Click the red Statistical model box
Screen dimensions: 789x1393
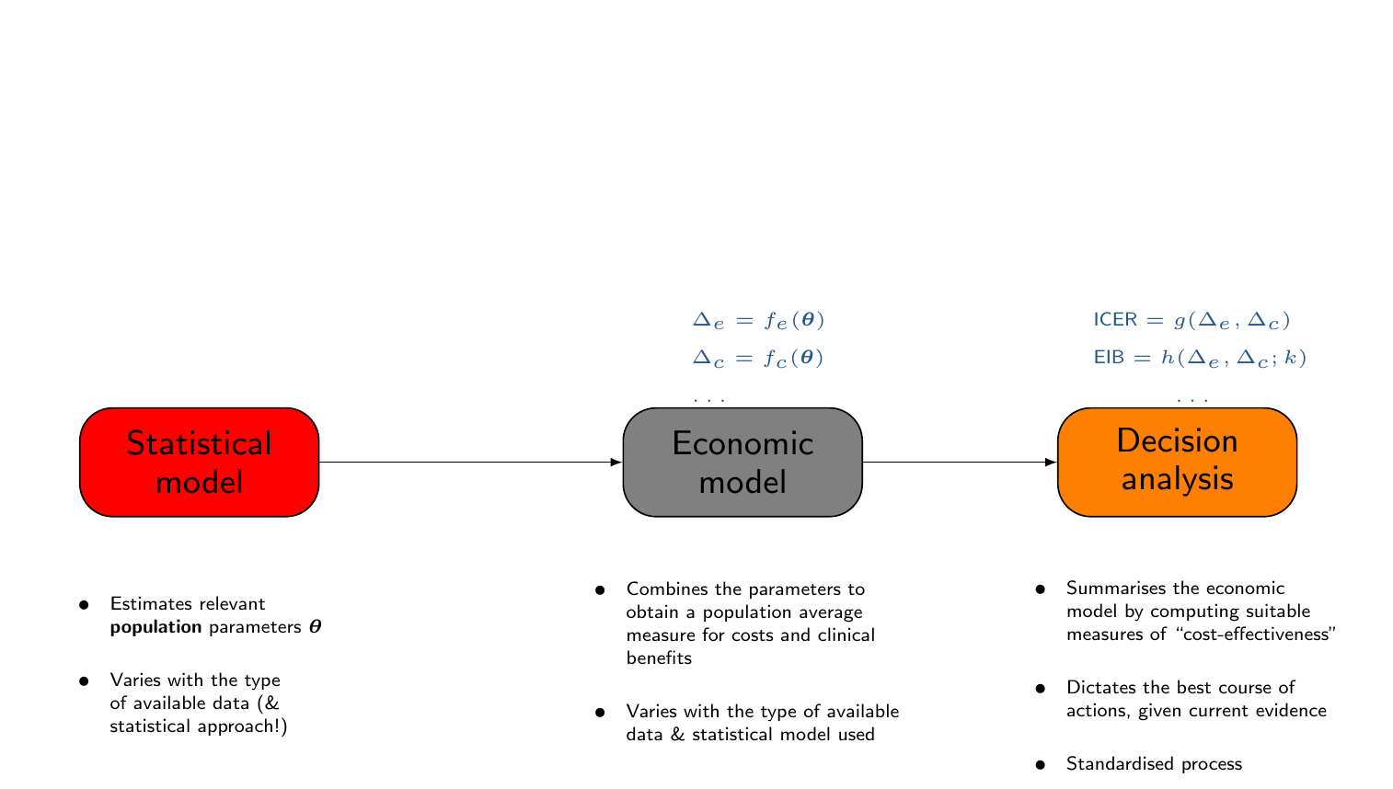tap(199, 462)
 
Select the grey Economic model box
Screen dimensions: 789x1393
tap(742, 462)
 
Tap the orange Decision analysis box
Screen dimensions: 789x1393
tap(1177, 462)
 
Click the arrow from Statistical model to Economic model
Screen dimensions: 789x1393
tap(469, 462)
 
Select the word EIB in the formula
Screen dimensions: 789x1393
tap(1109, 358)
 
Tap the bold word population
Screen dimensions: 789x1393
tap(155, 628)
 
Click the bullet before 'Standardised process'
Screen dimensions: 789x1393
tap(1041, 764)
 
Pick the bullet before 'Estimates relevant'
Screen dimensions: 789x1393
tap(84, 605)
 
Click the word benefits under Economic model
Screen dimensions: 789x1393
tap(659, 658)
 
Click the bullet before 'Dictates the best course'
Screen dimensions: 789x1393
tap(1041, 689)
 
